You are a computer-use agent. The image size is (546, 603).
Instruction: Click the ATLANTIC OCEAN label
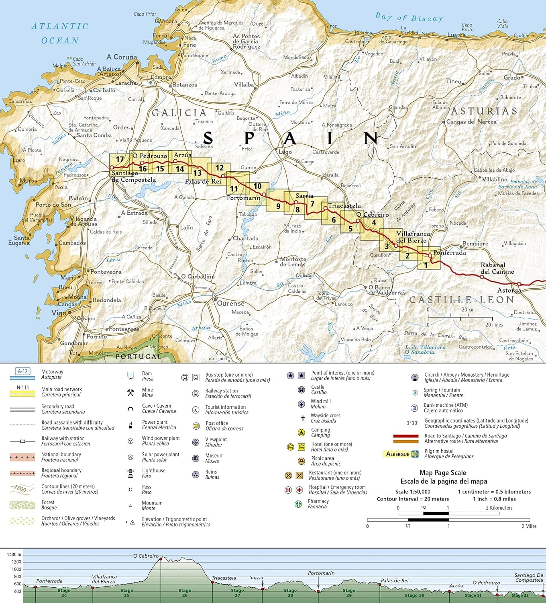(60, 33)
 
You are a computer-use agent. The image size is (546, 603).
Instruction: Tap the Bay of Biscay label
(409, 17)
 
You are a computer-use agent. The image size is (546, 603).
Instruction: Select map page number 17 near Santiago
(120, 160)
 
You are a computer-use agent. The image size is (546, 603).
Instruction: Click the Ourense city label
(230, 304)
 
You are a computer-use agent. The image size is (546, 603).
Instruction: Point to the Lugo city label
(285, 152)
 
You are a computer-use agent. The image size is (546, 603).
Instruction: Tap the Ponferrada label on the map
(449, 253)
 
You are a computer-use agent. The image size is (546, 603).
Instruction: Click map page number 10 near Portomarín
(257, 186)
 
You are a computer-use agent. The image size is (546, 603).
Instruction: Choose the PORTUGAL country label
(138, 357)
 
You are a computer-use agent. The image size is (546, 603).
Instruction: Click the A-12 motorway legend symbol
(22, 371)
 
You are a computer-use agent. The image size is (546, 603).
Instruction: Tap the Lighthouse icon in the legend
(130, 474)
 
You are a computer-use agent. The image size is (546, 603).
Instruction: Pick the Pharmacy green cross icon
(298, 504)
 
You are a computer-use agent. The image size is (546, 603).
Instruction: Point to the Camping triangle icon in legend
(301, 433)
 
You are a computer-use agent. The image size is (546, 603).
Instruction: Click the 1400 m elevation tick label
(14, 555)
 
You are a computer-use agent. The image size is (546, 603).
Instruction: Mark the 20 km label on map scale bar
(468, 310)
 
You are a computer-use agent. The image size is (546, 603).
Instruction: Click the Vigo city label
(59, 313)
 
